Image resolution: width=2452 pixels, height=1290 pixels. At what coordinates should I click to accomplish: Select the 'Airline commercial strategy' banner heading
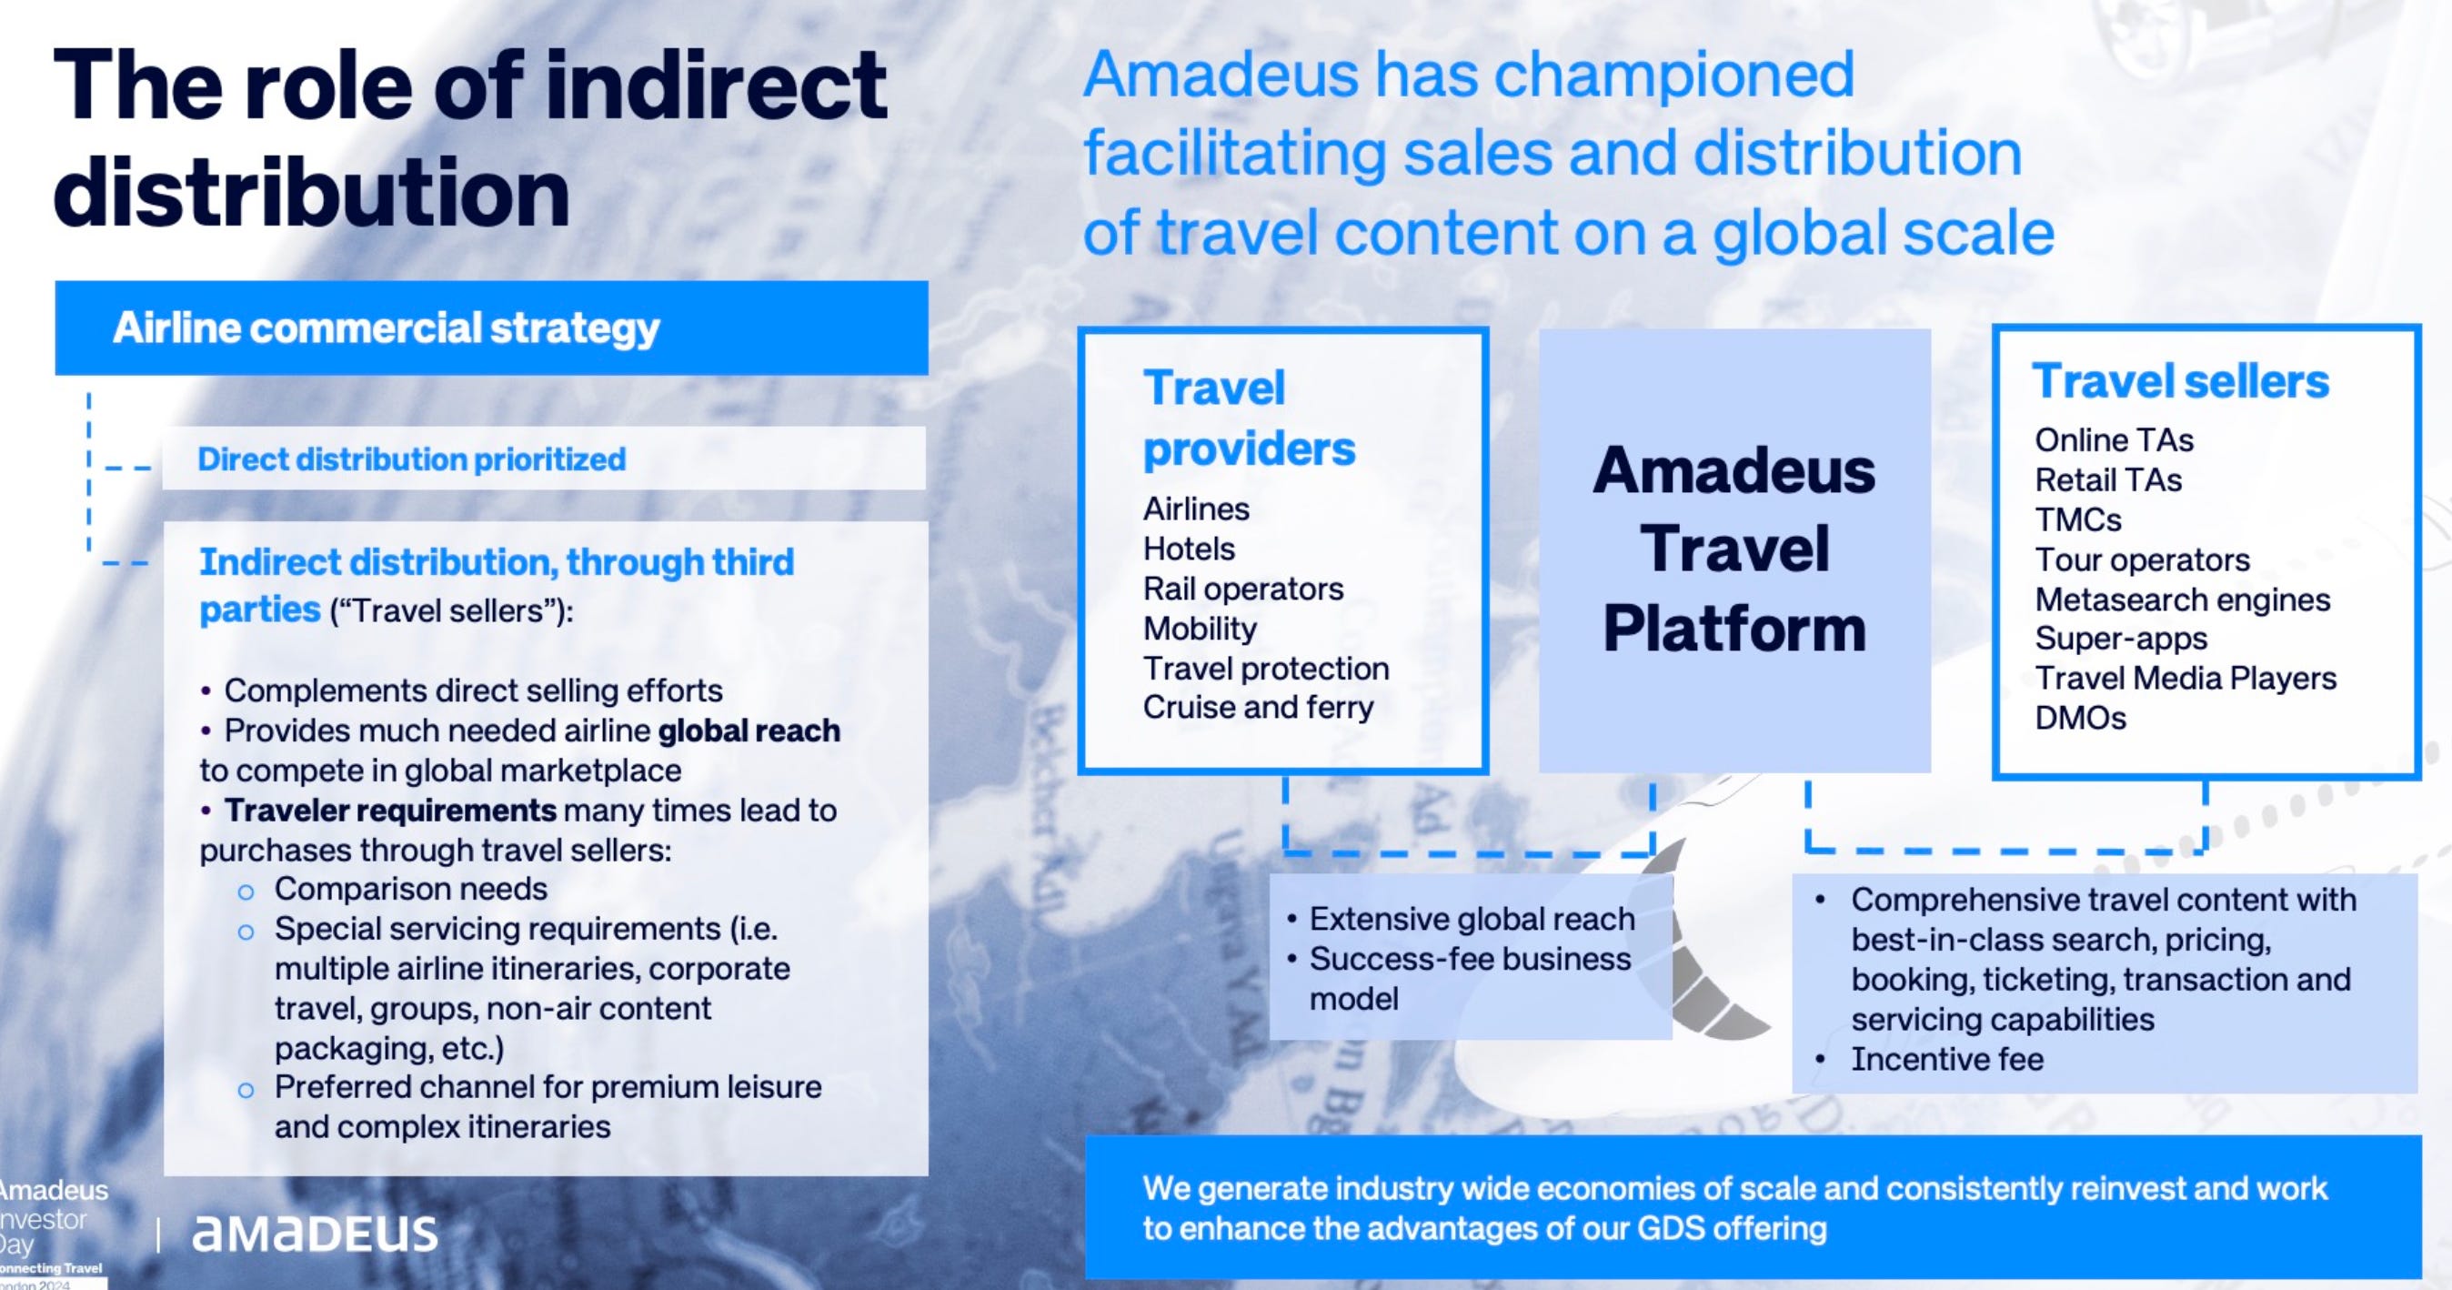pyautogui.click(x=386, y=328)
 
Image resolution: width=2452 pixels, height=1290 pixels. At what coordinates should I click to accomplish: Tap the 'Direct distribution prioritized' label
pyautogui.click(x=411, y=459)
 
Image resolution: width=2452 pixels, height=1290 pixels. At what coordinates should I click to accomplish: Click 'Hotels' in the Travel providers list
pyautogui.click(x=1189, y=549)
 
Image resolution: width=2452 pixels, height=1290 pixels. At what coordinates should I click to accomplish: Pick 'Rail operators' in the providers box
pyautogui.click(x=1243, y=589)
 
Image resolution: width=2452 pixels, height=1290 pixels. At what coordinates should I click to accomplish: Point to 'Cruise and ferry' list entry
pyautogui.click(x=1259, y=708)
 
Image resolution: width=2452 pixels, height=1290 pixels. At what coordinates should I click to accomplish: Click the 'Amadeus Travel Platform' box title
pyautogui.click(x=1734, y=549)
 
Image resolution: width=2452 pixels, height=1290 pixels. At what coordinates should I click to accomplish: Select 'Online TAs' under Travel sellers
pyautogui.click(x=2114, y=439)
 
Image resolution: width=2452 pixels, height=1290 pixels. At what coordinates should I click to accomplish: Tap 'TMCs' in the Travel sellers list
pyautogui.click(x=2078, y=519)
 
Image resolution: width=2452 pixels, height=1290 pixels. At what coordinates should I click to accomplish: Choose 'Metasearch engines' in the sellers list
pyautogui.click(x=2183, y=600)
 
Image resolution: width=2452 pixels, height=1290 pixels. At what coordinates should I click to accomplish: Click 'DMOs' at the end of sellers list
pyautogui.click(x=2081, y=718)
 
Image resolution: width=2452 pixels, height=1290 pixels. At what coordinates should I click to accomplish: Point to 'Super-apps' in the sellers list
pyautogui.click(x=2121, y=639)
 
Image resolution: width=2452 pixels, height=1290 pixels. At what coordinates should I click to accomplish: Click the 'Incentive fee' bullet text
pyautogui.click(x=1946, y=1059)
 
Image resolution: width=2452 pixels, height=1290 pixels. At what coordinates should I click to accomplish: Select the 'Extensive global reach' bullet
pyautogui.click(x=1472, y=919)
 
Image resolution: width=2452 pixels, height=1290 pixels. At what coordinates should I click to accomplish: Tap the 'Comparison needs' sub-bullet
pyautogui.click(x=410, y=889)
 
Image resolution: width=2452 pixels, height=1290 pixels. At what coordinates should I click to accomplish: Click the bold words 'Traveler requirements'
pyautogui.click(x=390, y=811)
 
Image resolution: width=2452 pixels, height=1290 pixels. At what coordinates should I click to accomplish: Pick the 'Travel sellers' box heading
pyautogui.click(x=2181, y=381)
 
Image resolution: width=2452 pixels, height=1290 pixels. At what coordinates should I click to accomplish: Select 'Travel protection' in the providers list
pyautogui.click(x=1266, y=669)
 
